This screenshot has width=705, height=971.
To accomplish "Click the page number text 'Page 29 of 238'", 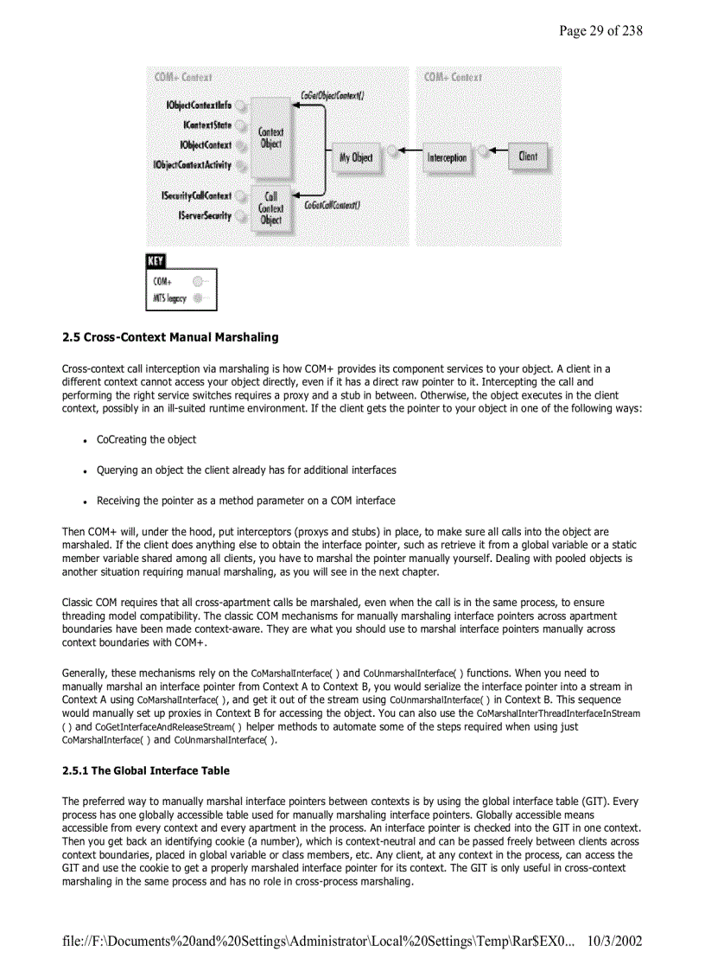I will (x=600, y=31).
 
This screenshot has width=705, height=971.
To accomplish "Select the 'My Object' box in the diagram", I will (x=356, y=157).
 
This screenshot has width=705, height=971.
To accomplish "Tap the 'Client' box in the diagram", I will (x=527, y=156).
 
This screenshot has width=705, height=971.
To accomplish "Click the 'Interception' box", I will (x=447, y=158).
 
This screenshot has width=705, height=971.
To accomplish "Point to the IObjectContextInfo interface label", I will (x=199, y=105).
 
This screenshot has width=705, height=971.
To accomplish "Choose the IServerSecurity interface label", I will (x=205, y=214).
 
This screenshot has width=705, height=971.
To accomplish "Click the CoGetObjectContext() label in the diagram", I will (x=332, y=95).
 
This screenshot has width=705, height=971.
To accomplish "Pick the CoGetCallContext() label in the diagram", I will (x=333, y=206).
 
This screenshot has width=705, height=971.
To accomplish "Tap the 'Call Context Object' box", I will (x=271, y=208).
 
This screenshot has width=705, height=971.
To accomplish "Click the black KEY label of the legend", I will (x=156, y=261).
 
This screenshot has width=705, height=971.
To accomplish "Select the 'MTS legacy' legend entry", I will (x=169, y=298).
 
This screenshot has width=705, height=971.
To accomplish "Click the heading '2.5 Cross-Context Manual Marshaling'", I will (x=170, y=337).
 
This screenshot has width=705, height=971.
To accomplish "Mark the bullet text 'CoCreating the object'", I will (x=146, y=439).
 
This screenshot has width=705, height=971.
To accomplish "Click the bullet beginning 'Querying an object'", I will (x=246, y=470).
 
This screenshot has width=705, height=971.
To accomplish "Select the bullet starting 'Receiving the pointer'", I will (x=245, y=501).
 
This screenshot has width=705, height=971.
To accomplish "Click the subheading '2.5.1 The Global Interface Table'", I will (x=146, y=770).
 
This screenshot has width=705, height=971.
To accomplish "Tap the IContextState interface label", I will (x=207, y=125).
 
